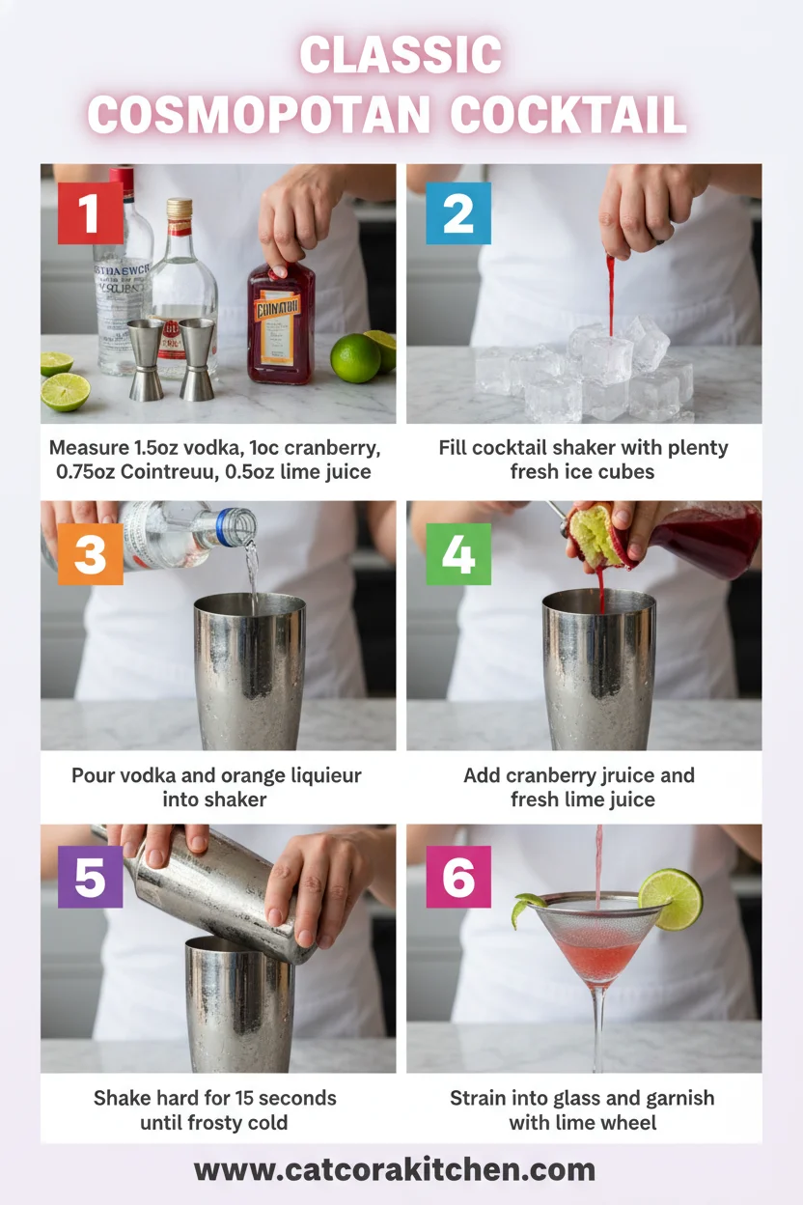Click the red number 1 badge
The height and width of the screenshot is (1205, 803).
[x=90, y=212]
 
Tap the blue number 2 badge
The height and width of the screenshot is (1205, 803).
[x=458, y=212]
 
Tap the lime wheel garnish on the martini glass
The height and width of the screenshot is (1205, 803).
[x=671, y=898]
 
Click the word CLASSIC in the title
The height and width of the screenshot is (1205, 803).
[x=401, y=56]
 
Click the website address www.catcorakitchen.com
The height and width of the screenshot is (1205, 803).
[x=394, y=1170]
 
